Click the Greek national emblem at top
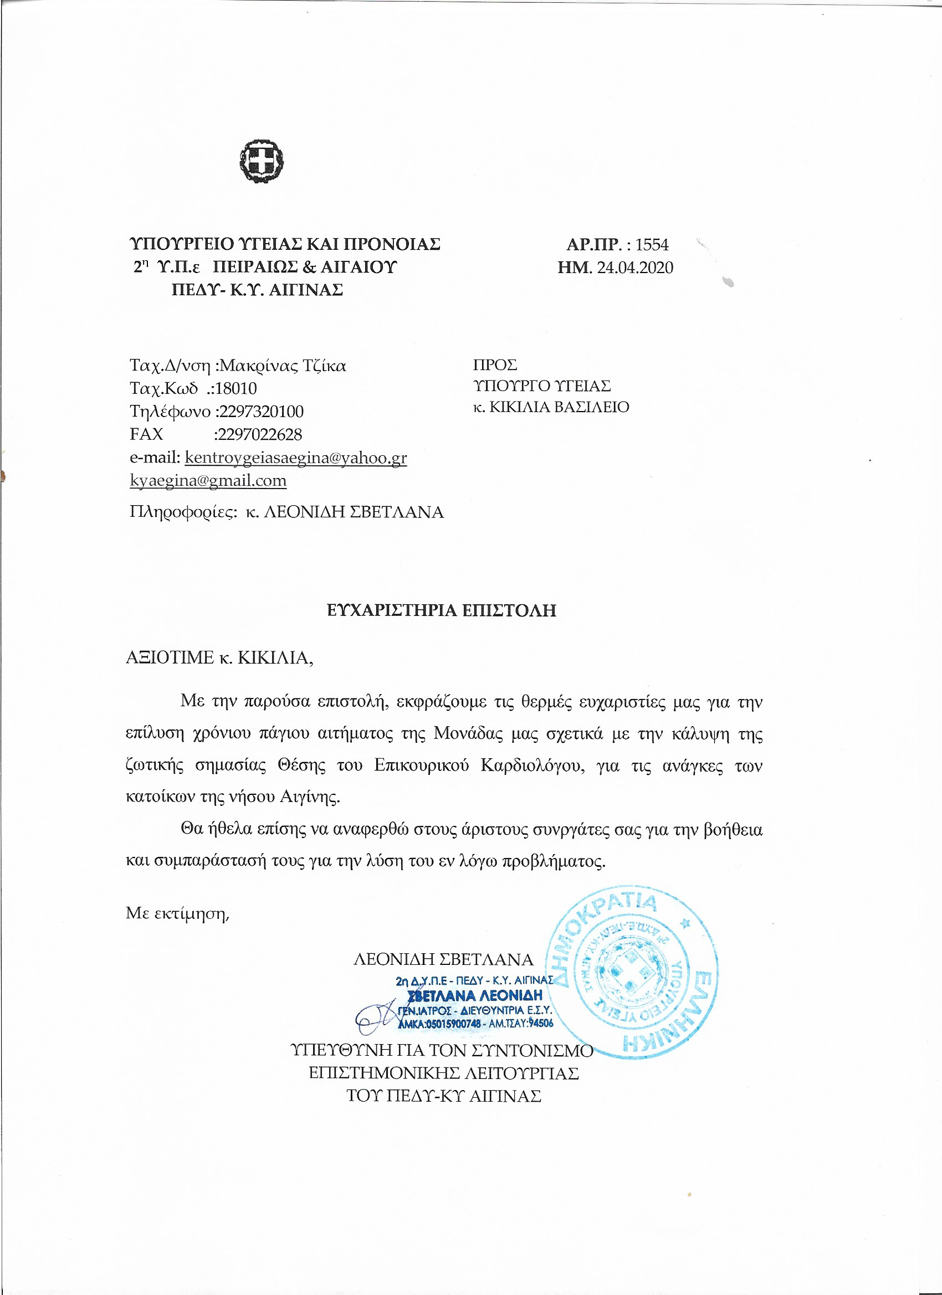point(262,162)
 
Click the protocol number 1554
point(652,244)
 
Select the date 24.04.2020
point(634,267)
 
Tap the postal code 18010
point(236,388)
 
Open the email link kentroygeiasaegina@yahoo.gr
point(296,458)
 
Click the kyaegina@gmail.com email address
point(208,480)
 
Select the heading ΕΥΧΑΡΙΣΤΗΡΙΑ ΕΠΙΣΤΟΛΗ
point(442,610)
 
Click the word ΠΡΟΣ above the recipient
point(495,365)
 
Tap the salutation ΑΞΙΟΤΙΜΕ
point(170,657)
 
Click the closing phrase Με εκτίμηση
point(177,913)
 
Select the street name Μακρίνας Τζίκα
point(283,366)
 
